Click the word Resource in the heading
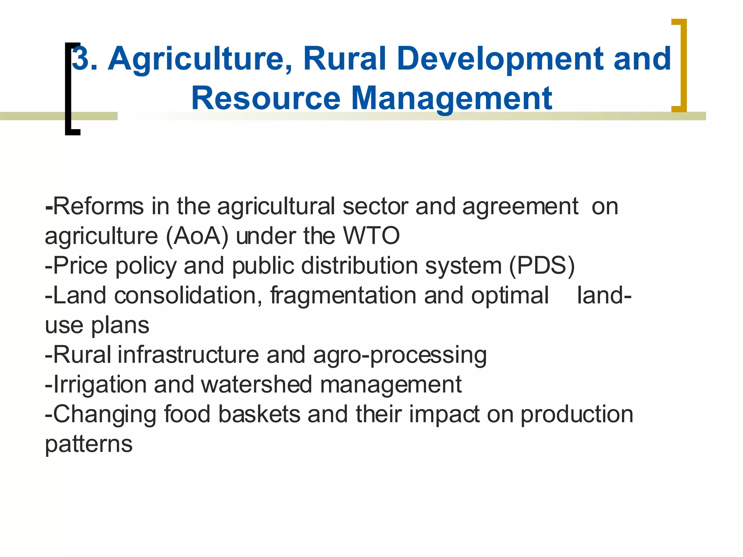click(x=266, y=99)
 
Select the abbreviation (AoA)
click(x=197, y=236)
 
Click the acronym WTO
click(x=371, y=236)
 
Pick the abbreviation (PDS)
click(x=542, y=266)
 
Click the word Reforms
click(x=98, y=206)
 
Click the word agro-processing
click(x=399, y=355)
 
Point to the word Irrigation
click(x=100, y=385)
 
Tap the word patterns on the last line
click(x=89, y=445)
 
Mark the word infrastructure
click(x=188, y=355)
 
